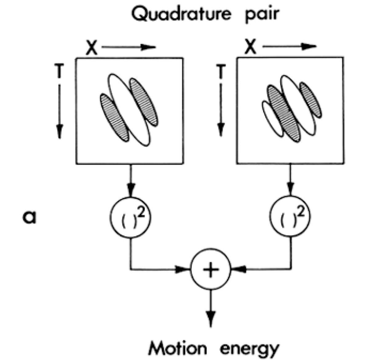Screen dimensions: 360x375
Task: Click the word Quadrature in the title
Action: point(181,14)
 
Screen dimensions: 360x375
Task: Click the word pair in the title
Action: point(262,15)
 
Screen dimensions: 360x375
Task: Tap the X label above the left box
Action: point(91,48)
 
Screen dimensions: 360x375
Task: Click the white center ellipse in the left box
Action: point(129,110)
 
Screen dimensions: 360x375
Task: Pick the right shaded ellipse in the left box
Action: point(144,102)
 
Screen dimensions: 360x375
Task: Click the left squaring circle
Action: point(131,217)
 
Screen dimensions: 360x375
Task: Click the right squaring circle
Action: point(290,216)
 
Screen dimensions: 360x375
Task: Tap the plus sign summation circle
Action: point(211,270)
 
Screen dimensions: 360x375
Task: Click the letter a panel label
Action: point(29,217)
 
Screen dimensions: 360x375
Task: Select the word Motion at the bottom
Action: point(177,349)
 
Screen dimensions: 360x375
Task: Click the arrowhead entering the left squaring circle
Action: point(131,188)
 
